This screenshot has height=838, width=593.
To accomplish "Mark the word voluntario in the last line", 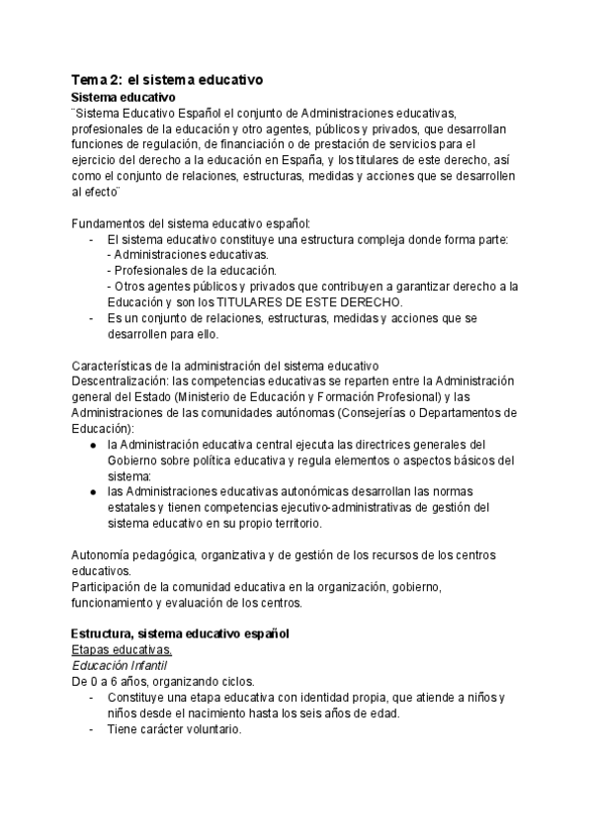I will coord(207,729).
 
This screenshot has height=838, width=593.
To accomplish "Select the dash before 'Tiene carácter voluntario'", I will coord(92,729).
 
